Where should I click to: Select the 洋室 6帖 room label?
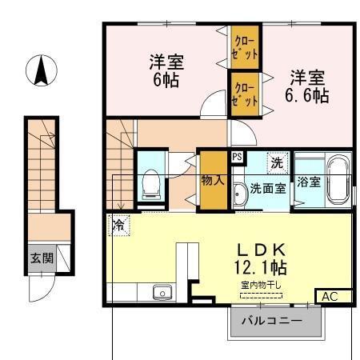(x=165, y=70)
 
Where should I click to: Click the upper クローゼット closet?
(x=246, y=47)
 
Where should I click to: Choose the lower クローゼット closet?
(x=245, y=94)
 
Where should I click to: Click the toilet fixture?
(x=150, y=185)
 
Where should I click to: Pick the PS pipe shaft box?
(x=237, y=157)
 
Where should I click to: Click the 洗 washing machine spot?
(x=276, y=162)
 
